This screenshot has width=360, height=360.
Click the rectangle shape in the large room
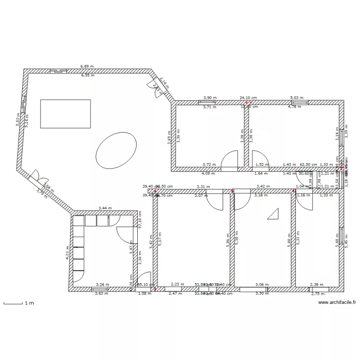point(65,114)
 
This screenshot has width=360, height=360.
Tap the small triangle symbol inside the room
point(274,214)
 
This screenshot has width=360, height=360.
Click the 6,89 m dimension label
point(87,67)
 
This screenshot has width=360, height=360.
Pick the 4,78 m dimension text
point(294,107)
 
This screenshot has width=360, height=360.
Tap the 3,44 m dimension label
point(105,208)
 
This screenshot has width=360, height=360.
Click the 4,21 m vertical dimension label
point(68,252)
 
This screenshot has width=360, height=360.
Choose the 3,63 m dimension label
point(101,293)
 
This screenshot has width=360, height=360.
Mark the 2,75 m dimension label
point(318,293)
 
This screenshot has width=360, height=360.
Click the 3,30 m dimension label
point(262,293)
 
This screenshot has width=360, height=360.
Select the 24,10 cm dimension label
point(248,97)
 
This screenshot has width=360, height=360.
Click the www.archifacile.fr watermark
point(337,302)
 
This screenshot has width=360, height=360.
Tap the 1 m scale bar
point(13,303)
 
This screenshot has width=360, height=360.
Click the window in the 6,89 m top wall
point(59,72)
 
